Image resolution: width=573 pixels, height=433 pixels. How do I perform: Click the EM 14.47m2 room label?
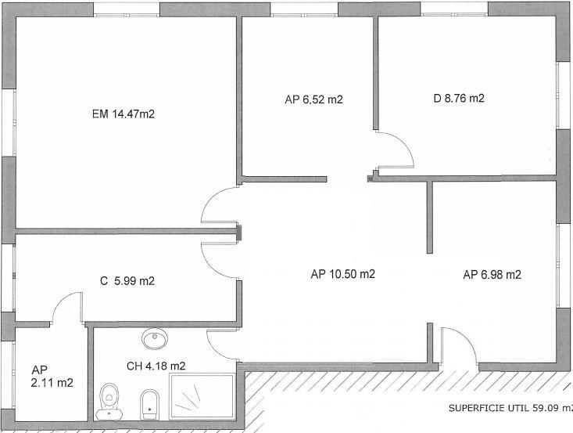(x=124, y=114)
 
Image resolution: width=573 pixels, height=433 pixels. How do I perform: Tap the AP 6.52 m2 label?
(x=314, y=99)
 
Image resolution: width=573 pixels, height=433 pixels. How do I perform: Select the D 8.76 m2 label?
(x=459, y=98)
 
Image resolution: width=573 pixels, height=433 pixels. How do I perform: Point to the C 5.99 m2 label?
(x=127, y=281)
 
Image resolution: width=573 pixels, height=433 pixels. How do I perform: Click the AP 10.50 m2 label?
(x=342, y=274)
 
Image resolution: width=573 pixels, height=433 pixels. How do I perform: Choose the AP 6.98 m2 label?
(x=492, y=275)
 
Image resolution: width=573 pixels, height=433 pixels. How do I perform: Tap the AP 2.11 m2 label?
(x=52, y=377)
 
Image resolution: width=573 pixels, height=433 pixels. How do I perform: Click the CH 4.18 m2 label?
(x=156, y=366)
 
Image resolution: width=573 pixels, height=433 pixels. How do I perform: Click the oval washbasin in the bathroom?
(x=155, y=338)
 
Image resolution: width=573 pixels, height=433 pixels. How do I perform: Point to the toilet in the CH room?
(x=109, y=402)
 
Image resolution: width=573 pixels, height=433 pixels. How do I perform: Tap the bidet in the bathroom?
(x=150, y=405)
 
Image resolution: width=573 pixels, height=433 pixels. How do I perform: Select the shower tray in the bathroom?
(x=202, y=395)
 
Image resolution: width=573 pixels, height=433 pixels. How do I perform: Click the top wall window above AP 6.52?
(x=304, y=9)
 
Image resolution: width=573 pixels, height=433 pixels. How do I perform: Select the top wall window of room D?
(x=454, y=9)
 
